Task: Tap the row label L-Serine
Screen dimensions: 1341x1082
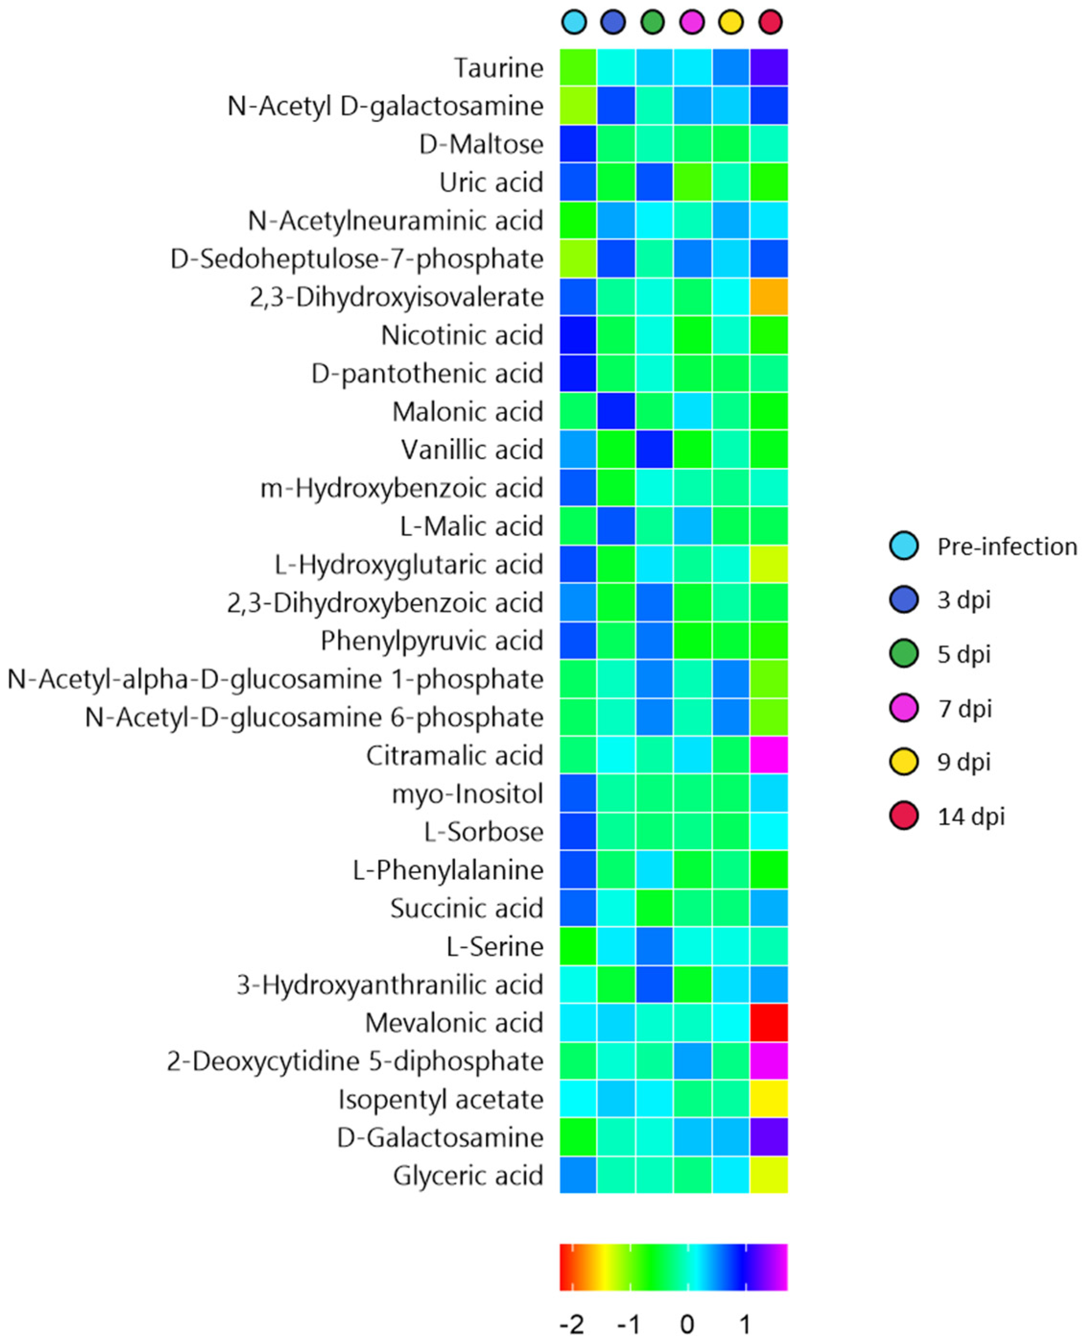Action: click(494, 946)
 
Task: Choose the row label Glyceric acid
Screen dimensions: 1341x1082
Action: click(468, 1176)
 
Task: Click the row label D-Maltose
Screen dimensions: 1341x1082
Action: click(481, 144)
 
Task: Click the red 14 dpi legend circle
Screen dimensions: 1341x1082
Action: click(904, 816)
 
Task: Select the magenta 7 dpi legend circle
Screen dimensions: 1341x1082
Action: click(904, 708)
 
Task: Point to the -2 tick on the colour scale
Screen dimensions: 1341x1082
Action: click(572, 1324)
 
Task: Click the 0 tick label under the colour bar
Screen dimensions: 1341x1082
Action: click(687, 1324)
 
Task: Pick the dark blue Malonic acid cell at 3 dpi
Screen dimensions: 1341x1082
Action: click(616, 412)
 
